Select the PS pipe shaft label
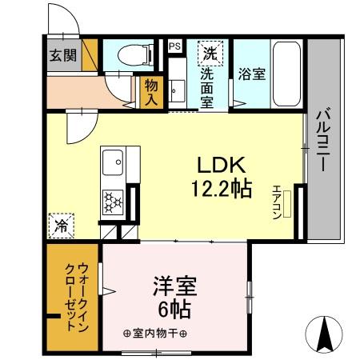click(x=174, y=46)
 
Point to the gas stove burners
click(x=111, y=200)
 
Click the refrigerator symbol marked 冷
click(x=61, y=226)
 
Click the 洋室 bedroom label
click(x=174, y=286)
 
